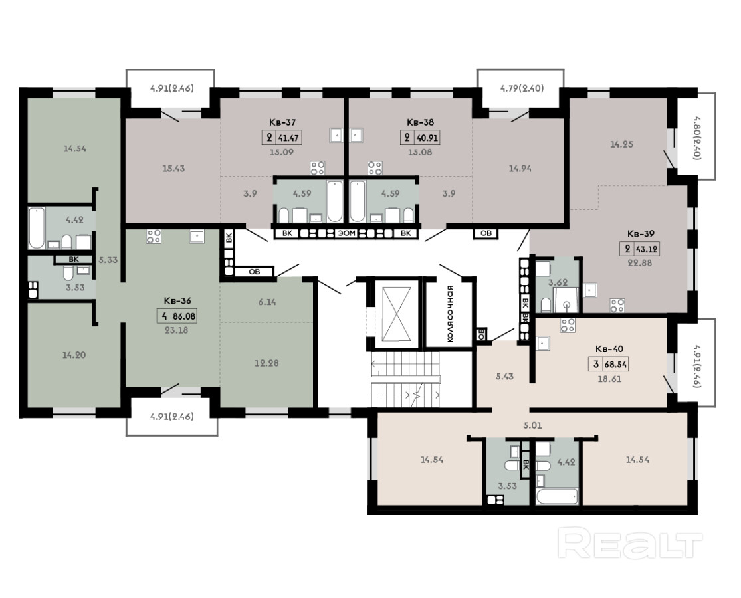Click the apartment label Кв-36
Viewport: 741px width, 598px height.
177,300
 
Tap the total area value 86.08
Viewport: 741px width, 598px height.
184,316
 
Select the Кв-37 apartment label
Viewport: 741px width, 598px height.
282,122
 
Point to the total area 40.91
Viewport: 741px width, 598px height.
427,138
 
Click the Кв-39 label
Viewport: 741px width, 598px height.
641,233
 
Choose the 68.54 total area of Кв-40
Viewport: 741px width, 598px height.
616,364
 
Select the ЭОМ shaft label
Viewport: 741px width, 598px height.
346,233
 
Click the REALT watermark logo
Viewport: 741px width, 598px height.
629,544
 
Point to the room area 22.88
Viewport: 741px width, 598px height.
639,263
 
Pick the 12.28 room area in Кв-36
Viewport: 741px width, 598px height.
266,363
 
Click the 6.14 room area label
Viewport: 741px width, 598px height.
267,302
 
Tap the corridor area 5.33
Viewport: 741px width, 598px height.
108,260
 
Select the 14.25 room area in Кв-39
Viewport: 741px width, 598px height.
621,144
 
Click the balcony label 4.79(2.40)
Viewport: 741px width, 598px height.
522,88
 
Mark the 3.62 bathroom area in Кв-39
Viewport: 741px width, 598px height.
557,283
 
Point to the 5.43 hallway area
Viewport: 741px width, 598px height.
504,377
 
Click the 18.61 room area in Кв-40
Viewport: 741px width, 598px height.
609,379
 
